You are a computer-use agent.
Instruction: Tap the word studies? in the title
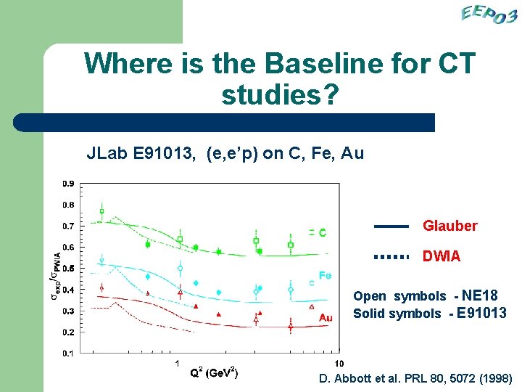[279, 94]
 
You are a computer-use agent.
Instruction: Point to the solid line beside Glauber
[391, 226]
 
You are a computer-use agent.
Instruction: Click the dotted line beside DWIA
[391, 257]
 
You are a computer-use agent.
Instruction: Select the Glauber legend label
[449, 226]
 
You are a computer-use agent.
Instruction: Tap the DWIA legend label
[441, 257]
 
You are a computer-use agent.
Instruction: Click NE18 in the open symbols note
[479, 296]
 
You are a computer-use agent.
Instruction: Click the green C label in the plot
[322, 233]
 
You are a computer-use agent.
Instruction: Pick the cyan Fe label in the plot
[326, 276]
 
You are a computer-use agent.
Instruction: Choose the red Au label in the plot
[326, 317]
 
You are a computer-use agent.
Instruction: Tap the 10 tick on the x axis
[339, 363]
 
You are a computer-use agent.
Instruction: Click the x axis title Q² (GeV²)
[214, 373]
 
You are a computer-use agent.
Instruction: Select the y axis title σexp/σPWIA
[55, 276]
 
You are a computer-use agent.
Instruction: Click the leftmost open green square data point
[101, 212]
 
